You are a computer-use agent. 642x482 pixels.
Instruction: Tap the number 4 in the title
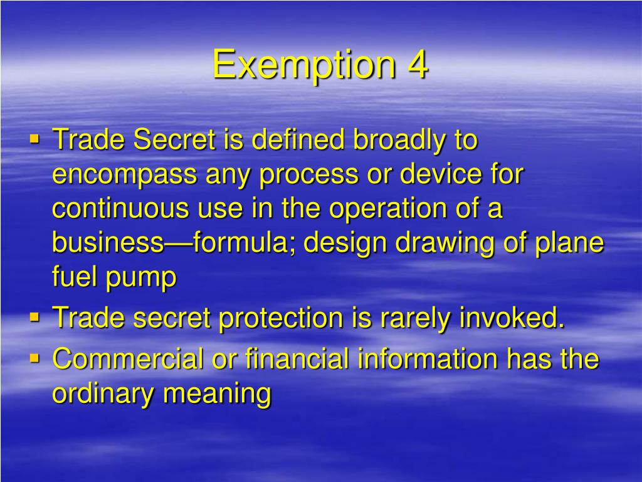point(417,65)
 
